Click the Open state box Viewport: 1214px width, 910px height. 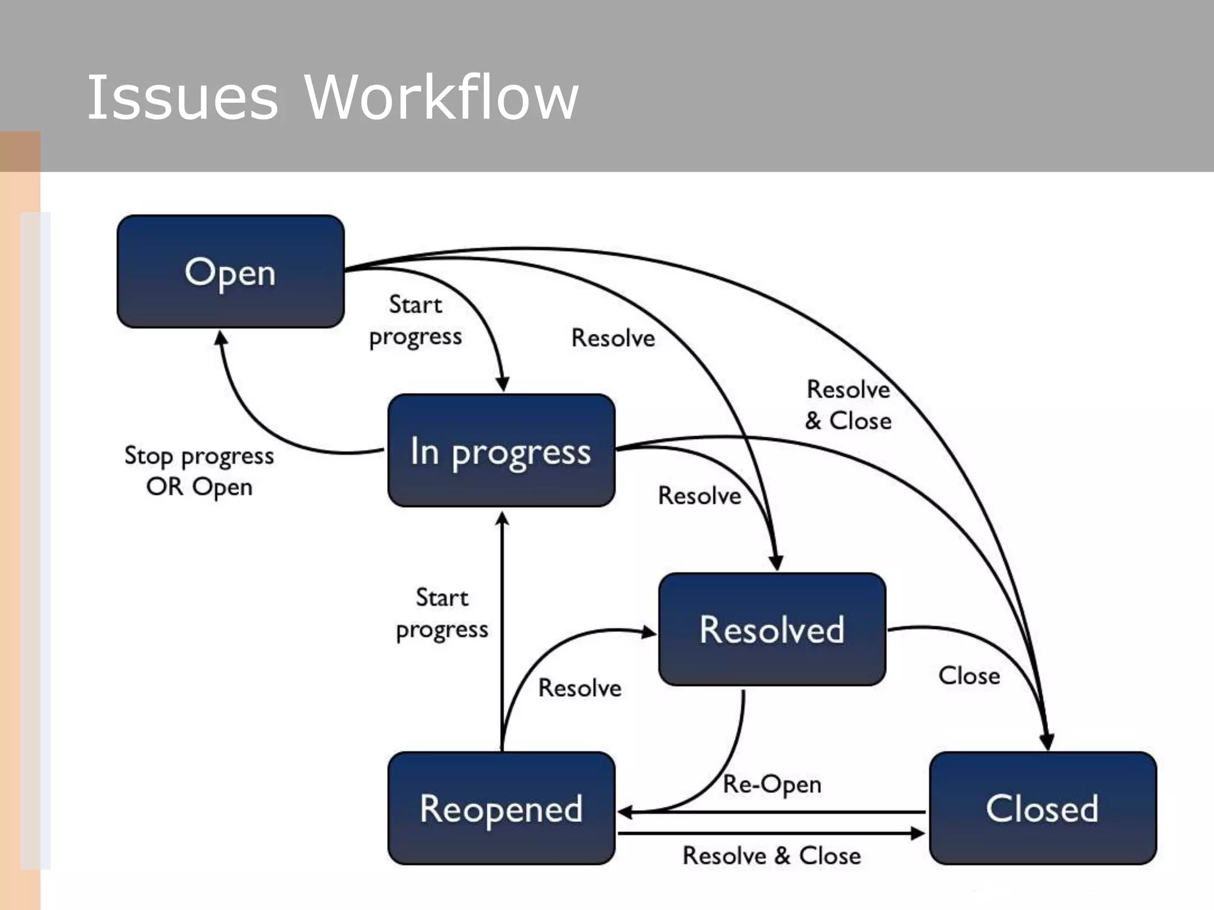tap(231, 271)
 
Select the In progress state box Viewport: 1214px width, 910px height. tap(501, 450)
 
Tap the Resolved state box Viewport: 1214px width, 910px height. tap(772, 629)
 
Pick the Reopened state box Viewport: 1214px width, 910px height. tap(501, 808)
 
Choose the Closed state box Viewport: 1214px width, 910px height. tap(1042, 808)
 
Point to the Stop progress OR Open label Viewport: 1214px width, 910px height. tap(199, 471)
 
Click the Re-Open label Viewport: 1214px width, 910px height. tap(772, 784)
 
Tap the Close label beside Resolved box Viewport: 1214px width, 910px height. tap(969, 675)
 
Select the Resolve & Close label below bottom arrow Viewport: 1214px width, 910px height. tap(771, 855)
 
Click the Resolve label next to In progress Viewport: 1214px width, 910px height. tap(699, 495)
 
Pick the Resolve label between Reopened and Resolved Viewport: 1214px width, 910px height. tap(580, 688)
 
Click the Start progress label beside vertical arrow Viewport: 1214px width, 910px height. tap(442, 613)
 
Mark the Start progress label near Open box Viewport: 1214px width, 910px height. tap(415, 321)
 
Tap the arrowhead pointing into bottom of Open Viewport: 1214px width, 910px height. tap(221, 338)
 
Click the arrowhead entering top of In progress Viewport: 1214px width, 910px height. tap(502, 384)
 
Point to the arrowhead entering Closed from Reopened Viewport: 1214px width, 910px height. tap(918, 834)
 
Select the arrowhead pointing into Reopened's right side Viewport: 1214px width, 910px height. tap(625, 812)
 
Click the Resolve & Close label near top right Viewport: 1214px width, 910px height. tap(848, 405)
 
